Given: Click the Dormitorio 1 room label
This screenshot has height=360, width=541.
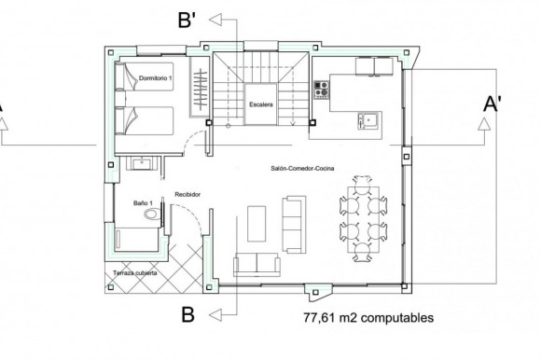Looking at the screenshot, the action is tap(155, 78).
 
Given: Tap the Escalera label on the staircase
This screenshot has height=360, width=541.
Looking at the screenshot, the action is tap(261, 104).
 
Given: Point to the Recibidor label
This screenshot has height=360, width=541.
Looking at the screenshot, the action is tap(187, 195).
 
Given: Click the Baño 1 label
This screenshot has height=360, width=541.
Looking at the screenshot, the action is tap(143, 203).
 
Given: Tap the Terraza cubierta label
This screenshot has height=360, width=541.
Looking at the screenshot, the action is tap(135, 273).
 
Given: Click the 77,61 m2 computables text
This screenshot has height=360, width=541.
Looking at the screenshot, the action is tap(368, 317).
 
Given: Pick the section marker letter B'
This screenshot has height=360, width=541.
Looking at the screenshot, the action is tap(187, 20).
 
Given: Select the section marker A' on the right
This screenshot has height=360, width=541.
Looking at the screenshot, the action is tap(492, 104).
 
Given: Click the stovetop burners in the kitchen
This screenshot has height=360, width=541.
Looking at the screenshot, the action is tap(321, 90).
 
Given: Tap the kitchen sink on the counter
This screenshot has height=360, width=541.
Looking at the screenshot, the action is tap(368, 120).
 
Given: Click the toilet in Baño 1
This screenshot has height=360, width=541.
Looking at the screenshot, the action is tap(153, 214).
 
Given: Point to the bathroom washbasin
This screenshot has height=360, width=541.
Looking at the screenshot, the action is tap(142, 163).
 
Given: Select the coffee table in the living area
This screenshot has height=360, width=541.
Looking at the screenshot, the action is tap(257, 224).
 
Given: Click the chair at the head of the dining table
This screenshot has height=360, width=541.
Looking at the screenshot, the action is tap(362, 181).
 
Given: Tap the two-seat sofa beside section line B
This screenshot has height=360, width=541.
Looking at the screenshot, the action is tap(257, 264).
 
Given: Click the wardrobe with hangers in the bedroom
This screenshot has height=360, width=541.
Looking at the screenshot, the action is tap(201, 87).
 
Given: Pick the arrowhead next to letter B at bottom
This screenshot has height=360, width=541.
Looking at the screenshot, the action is tap(215, 315).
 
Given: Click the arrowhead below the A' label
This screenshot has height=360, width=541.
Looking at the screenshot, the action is tap(484, 124).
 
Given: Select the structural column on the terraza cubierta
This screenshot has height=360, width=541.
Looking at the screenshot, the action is tap(111, 287).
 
